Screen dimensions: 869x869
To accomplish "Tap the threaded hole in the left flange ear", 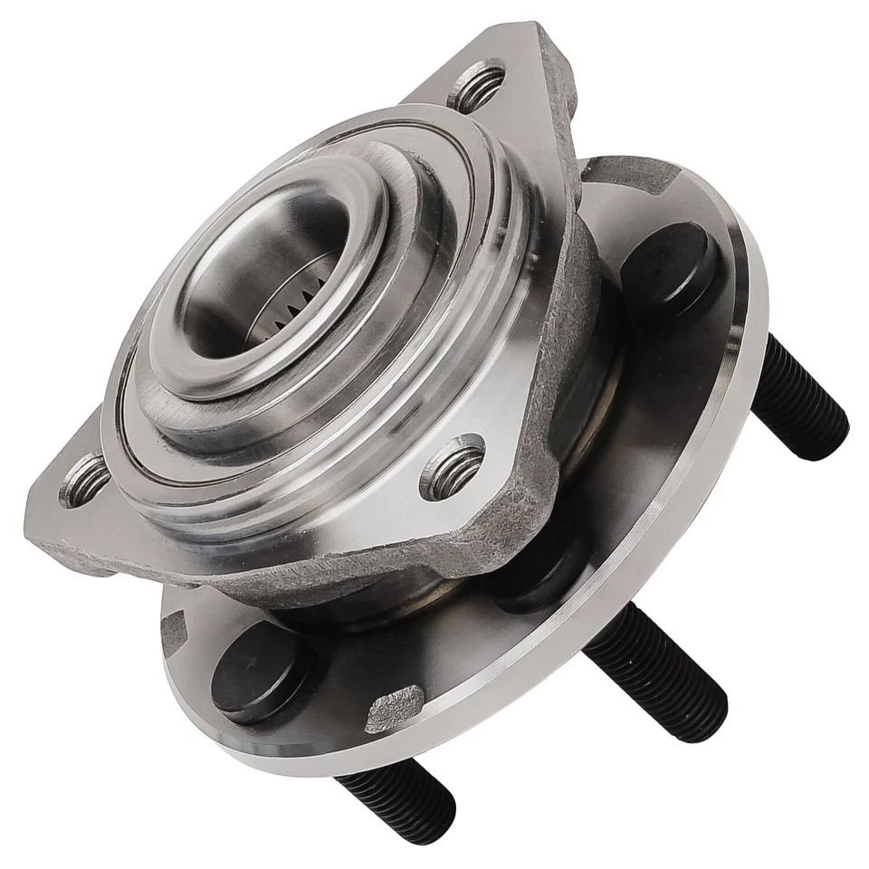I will [x=84, y=480].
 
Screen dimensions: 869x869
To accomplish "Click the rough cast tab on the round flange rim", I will [x=395, y=709].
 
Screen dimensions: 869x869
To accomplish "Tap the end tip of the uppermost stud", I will [x=830, y=425].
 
